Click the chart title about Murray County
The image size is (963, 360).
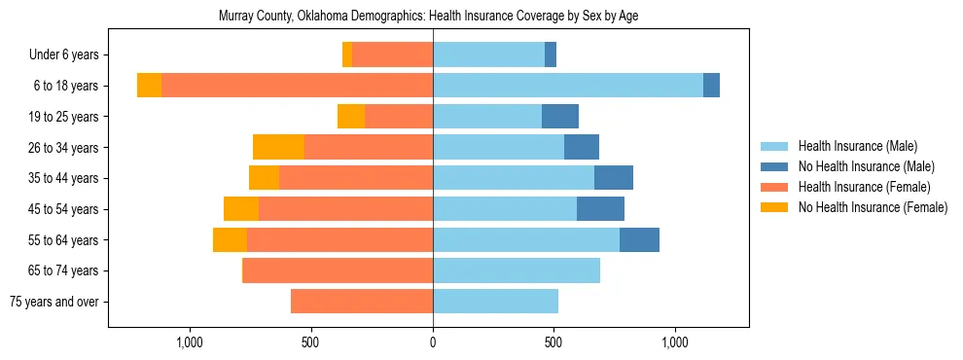pyautogui.click(x=428, y=17)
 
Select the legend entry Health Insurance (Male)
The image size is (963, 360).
pyautogui.click(x=857, y=146)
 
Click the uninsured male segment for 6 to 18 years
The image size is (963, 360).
pyautogui.click(x=711, y=86)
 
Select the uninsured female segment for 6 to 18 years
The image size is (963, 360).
pyautogui.click(x=149, y=86)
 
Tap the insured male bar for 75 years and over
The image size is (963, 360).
pyautogui.click(x=495, y=302)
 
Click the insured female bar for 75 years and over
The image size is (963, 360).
pyautogui.click(x=362, y=302)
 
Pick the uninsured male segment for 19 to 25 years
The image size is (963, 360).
pyautogui.click(x=560, y=117)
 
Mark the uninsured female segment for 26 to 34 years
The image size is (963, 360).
pyautogui.click(x=278, y=147)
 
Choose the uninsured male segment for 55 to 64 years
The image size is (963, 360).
pyautogui.click(x=639, y=239)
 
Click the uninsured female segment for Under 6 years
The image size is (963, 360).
pyautogui.click(x=347, y=54)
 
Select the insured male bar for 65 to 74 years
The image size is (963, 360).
pyautogui.click(x=517, y=270)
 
